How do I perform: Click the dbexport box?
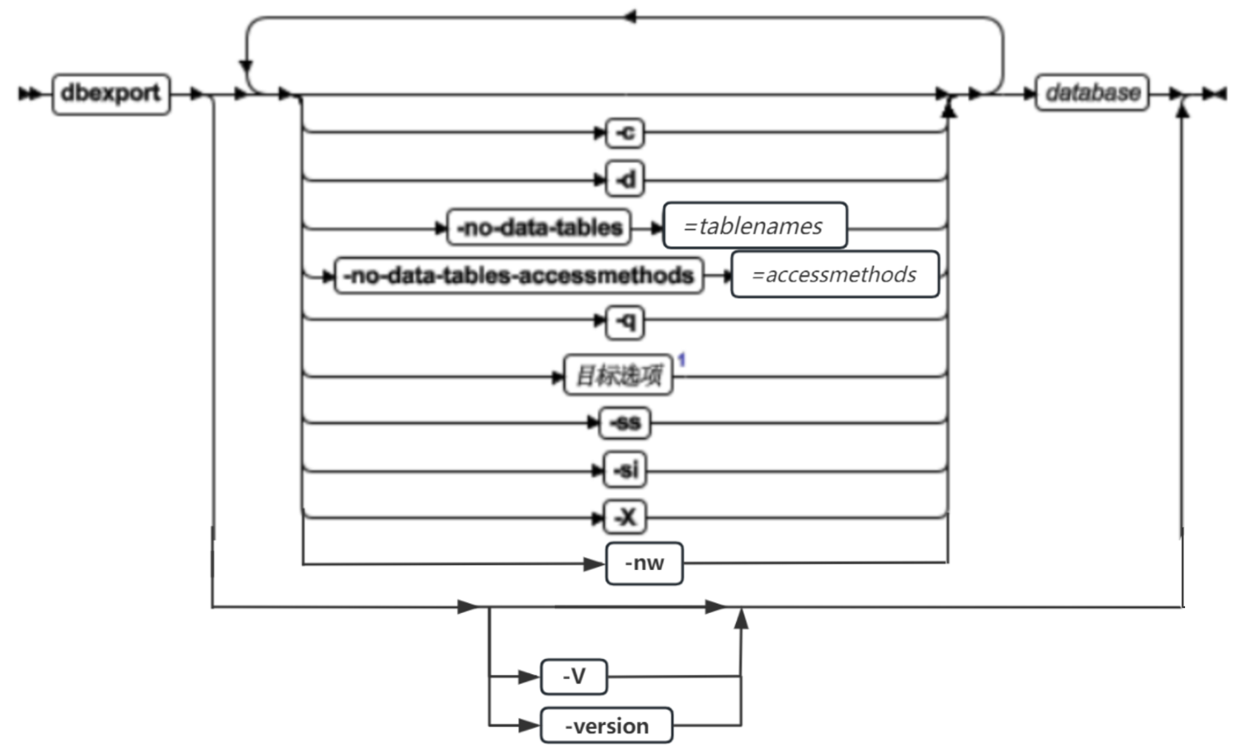click(111, 94)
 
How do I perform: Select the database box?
click(1092, 92)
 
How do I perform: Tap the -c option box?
click(626, 133)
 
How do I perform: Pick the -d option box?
click(626, 179)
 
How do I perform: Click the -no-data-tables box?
click(539, 227)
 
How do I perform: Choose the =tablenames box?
click(755, 226)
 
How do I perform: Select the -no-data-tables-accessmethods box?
click(519, 276)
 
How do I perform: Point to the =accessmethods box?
click(835, 274)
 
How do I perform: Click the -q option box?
click(626, 321)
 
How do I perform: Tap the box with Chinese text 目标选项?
click(618, 375)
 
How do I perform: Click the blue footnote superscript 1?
click(681, 360)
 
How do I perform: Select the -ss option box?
click(625, 422)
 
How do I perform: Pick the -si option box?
click(626, 469)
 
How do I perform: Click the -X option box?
click(626, 517)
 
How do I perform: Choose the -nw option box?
click(645, 563)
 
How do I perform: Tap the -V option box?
click(574, 677)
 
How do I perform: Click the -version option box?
click(607, 726)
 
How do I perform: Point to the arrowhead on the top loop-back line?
click(629, 17)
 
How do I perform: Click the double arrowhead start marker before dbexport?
click(29, 94)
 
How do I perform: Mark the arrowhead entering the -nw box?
click(596, 564)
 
